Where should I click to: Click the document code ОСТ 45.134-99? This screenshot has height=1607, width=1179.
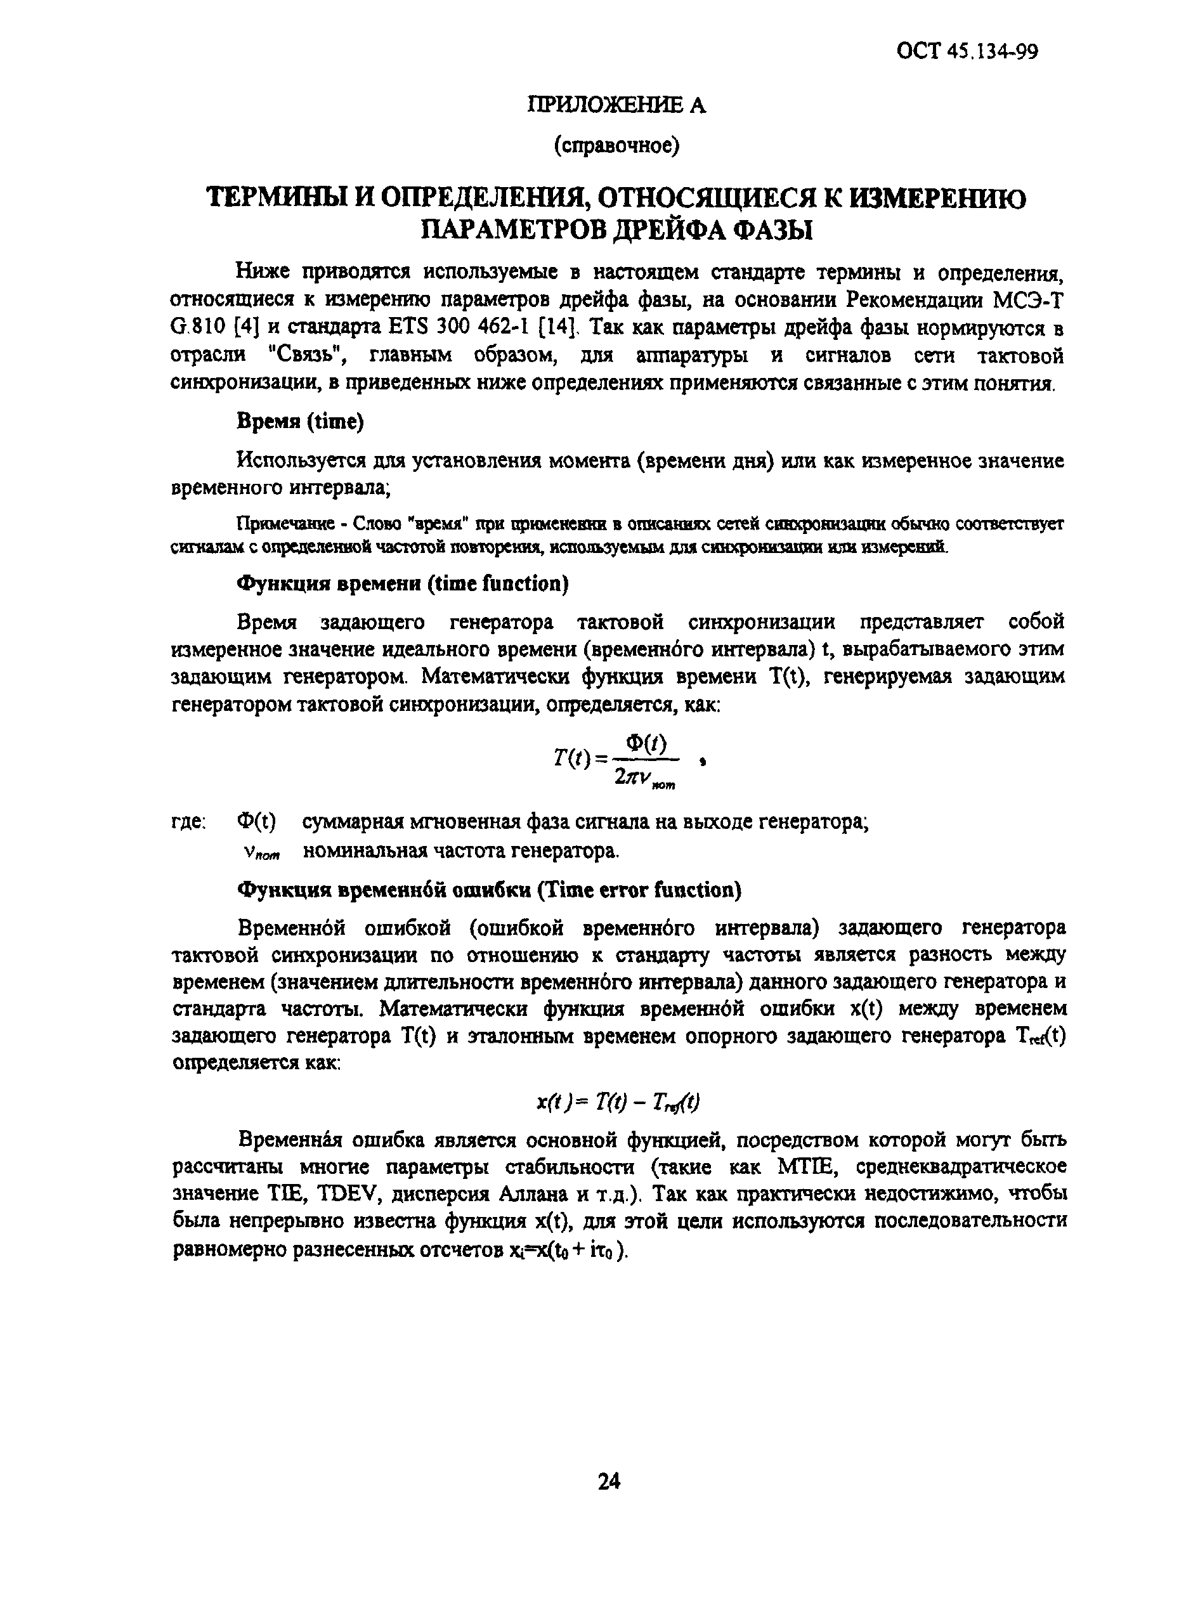point(967,52)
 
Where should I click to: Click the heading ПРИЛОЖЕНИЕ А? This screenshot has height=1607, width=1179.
point(616,106)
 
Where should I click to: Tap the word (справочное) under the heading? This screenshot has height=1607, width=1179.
point(616,146)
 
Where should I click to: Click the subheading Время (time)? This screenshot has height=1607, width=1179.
point(300,422)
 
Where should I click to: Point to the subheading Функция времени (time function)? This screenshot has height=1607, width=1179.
point(403,583)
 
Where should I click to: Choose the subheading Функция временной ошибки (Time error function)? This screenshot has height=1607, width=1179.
point(489,890)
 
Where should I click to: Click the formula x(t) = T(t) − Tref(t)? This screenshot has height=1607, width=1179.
point(617,1102)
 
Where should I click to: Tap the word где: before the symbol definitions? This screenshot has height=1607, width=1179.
point(188,822)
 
